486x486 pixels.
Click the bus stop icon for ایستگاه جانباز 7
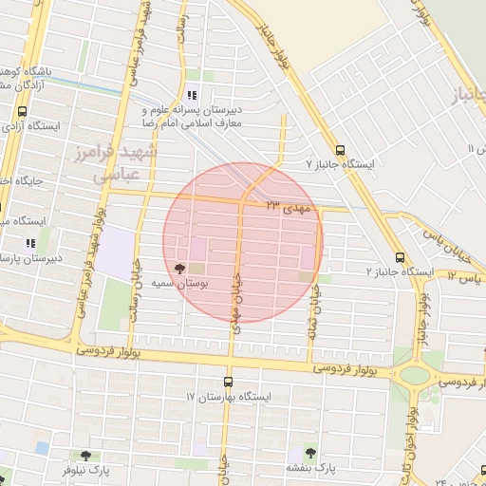point(341,149)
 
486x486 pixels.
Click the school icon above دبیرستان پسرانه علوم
point(192,95)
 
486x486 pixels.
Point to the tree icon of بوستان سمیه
point(180,269)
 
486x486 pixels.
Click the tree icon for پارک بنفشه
point(309,453)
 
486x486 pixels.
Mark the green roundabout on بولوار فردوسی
point(414,374)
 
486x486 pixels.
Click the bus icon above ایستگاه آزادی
point(22,111)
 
